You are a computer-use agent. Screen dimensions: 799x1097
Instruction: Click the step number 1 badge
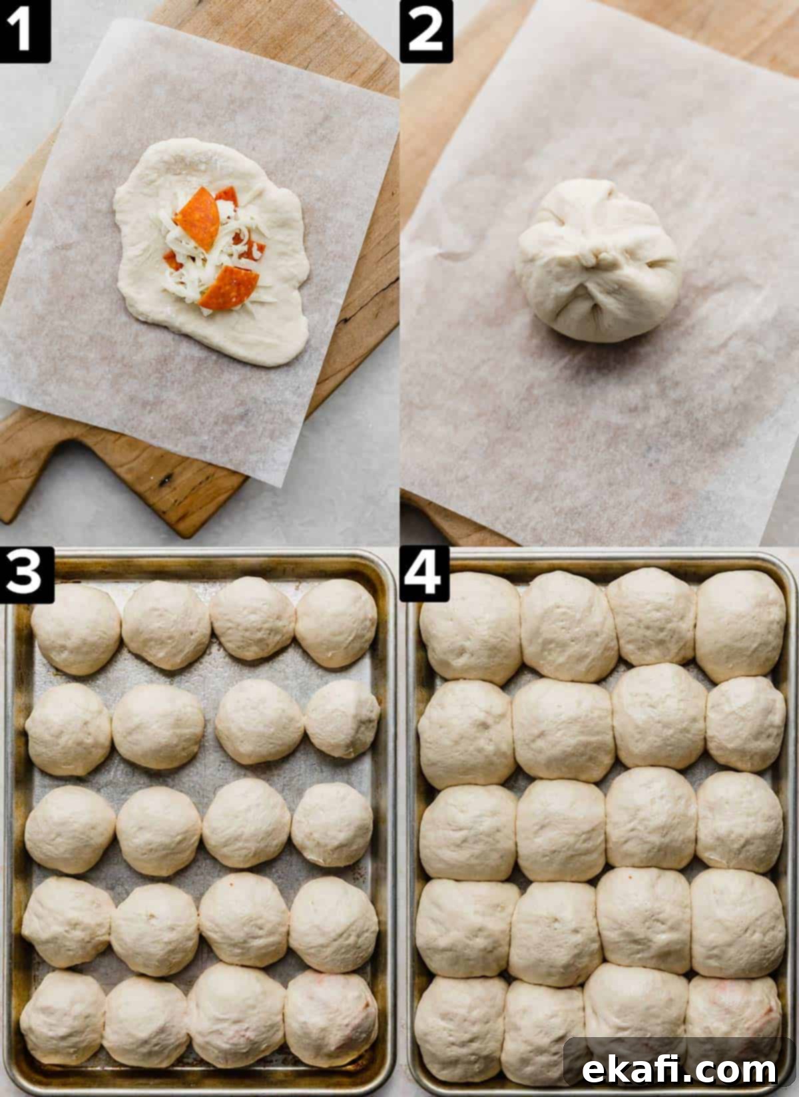click(x=25, y=31)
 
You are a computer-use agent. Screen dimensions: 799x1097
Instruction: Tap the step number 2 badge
click(x=425, y=31)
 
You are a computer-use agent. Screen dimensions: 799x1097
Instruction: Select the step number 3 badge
click(x=27, y=574)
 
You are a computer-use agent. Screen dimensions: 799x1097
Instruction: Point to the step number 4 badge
click(x=424, y=574)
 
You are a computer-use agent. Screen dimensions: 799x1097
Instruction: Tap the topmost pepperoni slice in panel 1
click(x=197, y=218)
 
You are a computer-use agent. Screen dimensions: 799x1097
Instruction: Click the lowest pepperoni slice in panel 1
click(x=229, y=288)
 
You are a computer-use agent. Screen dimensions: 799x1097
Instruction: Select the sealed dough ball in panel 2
click(x=597, y=260)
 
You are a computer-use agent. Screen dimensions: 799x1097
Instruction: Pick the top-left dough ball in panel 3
click(x=75, y=630)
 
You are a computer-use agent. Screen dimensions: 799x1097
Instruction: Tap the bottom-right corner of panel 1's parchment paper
click(x=282, y=487)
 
